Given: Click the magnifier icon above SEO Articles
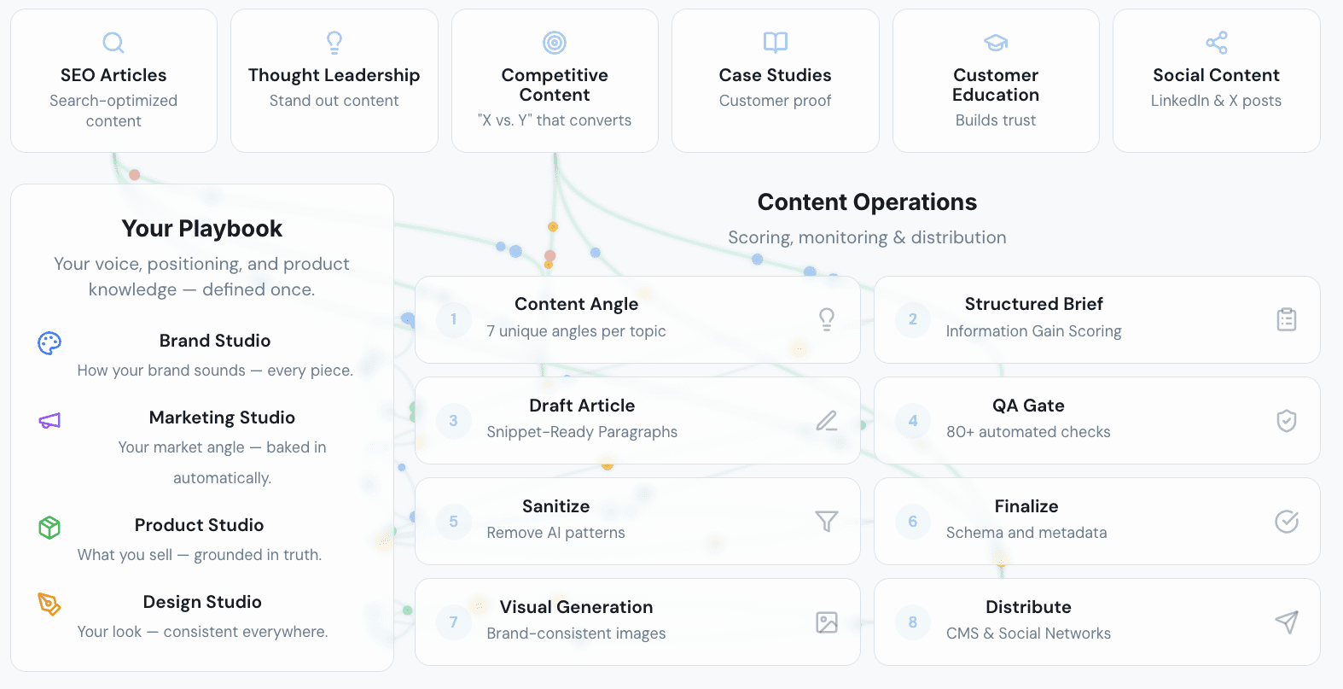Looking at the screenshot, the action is (113, 43).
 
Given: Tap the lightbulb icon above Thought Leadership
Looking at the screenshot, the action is (334, 43).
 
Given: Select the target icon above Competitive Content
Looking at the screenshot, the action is (555, 43).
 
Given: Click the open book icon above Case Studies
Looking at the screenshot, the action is (776, 43).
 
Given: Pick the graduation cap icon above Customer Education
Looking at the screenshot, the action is (996, 43).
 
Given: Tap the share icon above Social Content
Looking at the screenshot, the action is (1217, 43).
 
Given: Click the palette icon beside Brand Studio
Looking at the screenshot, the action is (49, 343).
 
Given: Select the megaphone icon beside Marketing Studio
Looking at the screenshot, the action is (49, 420).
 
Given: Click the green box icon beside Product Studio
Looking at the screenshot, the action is (49, 528).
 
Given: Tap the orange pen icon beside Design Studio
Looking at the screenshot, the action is (49, 604).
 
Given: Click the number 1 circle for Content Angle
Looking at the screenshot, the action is (453, 319).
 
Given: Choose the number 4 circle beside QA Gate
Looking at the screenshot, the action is (912, 420).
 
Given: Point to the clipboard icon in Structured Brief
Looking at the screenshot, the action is (1287, 319).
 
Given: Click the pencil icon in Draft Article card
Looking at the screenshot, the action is (827, 421).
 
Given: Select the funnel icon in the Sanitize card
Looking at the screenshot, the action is (827, 521).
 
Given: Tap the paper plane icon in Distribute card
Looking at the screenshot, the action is (1287, 622).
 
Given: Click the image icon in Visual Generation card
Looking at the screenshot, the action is (827, 622).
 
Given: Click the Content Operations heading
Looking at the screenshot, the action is (867, 202).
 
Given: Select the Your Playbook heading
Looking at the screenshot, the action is (201, 229).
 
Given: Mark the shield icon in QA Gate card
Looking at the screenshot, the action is (1287, 420).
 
